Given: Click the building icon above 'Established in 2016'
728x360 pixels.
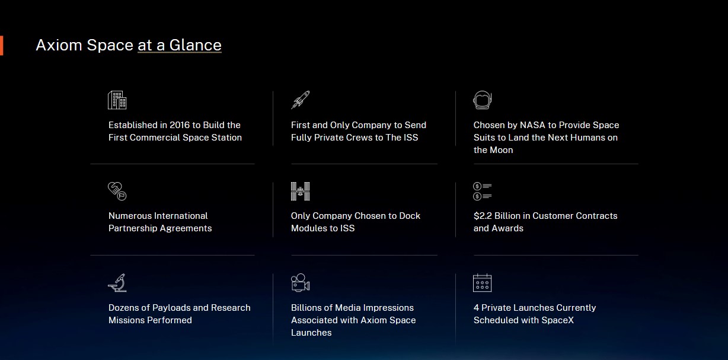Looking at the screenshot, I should point(117,100).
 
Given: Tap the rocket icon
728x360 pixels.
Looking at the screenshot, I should point(301,100).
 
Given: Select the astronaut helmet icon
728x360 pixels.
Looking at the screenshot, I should point(483,100).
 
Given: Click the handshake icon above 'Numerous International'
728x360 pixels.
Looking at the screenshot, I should point(117,191).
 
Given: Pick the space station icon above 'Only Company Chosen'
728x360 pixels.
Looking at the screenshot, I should point(301,191).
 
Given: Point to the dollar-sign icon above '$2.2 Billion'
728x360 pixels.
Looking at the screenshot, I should point(483,191).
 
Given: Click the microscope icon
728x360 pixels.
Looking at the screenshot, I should point(117,282).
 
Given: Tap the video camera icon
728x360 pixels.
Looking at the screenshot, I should point(301,282).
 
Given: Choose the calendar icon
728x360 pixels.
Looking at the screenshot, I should point(483,283).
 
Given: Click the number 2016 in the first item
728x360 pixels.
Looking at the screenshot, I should point(180,125).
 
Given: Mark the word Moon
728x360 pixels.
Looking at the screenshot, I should point(502,150).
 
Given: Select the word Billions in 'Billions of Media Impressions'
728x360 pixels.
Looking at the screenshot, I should point(307,308).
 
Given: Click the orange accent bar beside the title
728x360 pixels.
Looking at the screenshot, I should point(1,46).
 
